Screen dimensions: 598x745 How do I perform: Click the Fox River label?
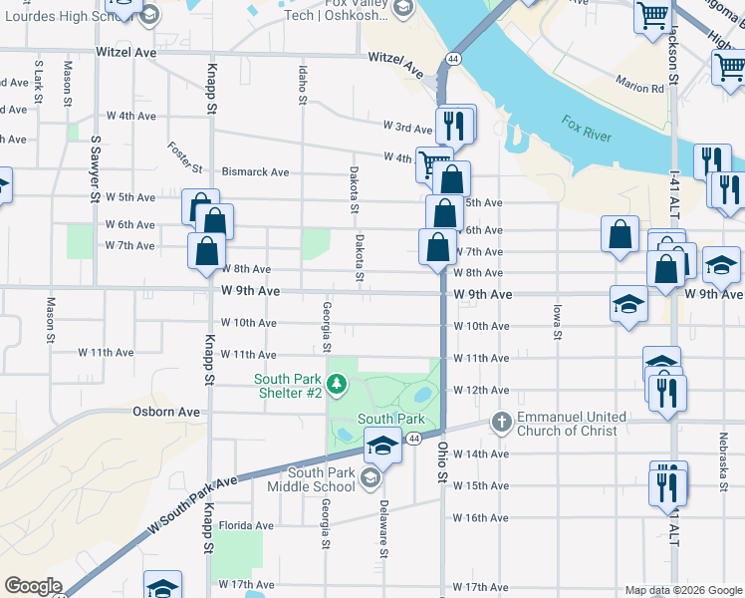coord(585,128)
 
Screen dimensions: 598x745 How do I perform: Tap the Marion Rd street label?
coord(639,88)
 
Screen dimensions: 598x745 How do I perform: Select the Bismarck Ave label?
coord(255,172)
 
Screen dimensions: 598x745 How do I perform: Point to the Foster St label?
coord(185,155)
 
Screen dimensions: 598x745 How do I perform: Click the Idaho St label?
coord(302,84)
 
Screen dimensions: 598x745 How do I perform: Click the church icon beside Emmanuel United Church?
coord(502,424)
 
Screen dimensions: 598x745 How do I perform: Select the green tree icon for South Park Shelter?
coord(337,384)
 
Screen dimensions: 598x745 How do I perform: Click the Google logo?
coord(33,586)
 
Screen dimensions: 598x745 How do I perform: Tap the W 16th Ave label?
coord(481,518)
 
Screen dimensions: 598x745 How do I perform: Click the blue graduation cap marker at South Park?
coord(381,448)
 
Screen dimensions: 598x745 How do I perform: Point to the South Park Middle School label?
coord(321,479)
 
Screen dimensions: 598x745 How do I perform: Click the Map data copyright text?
coord(682,590)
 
